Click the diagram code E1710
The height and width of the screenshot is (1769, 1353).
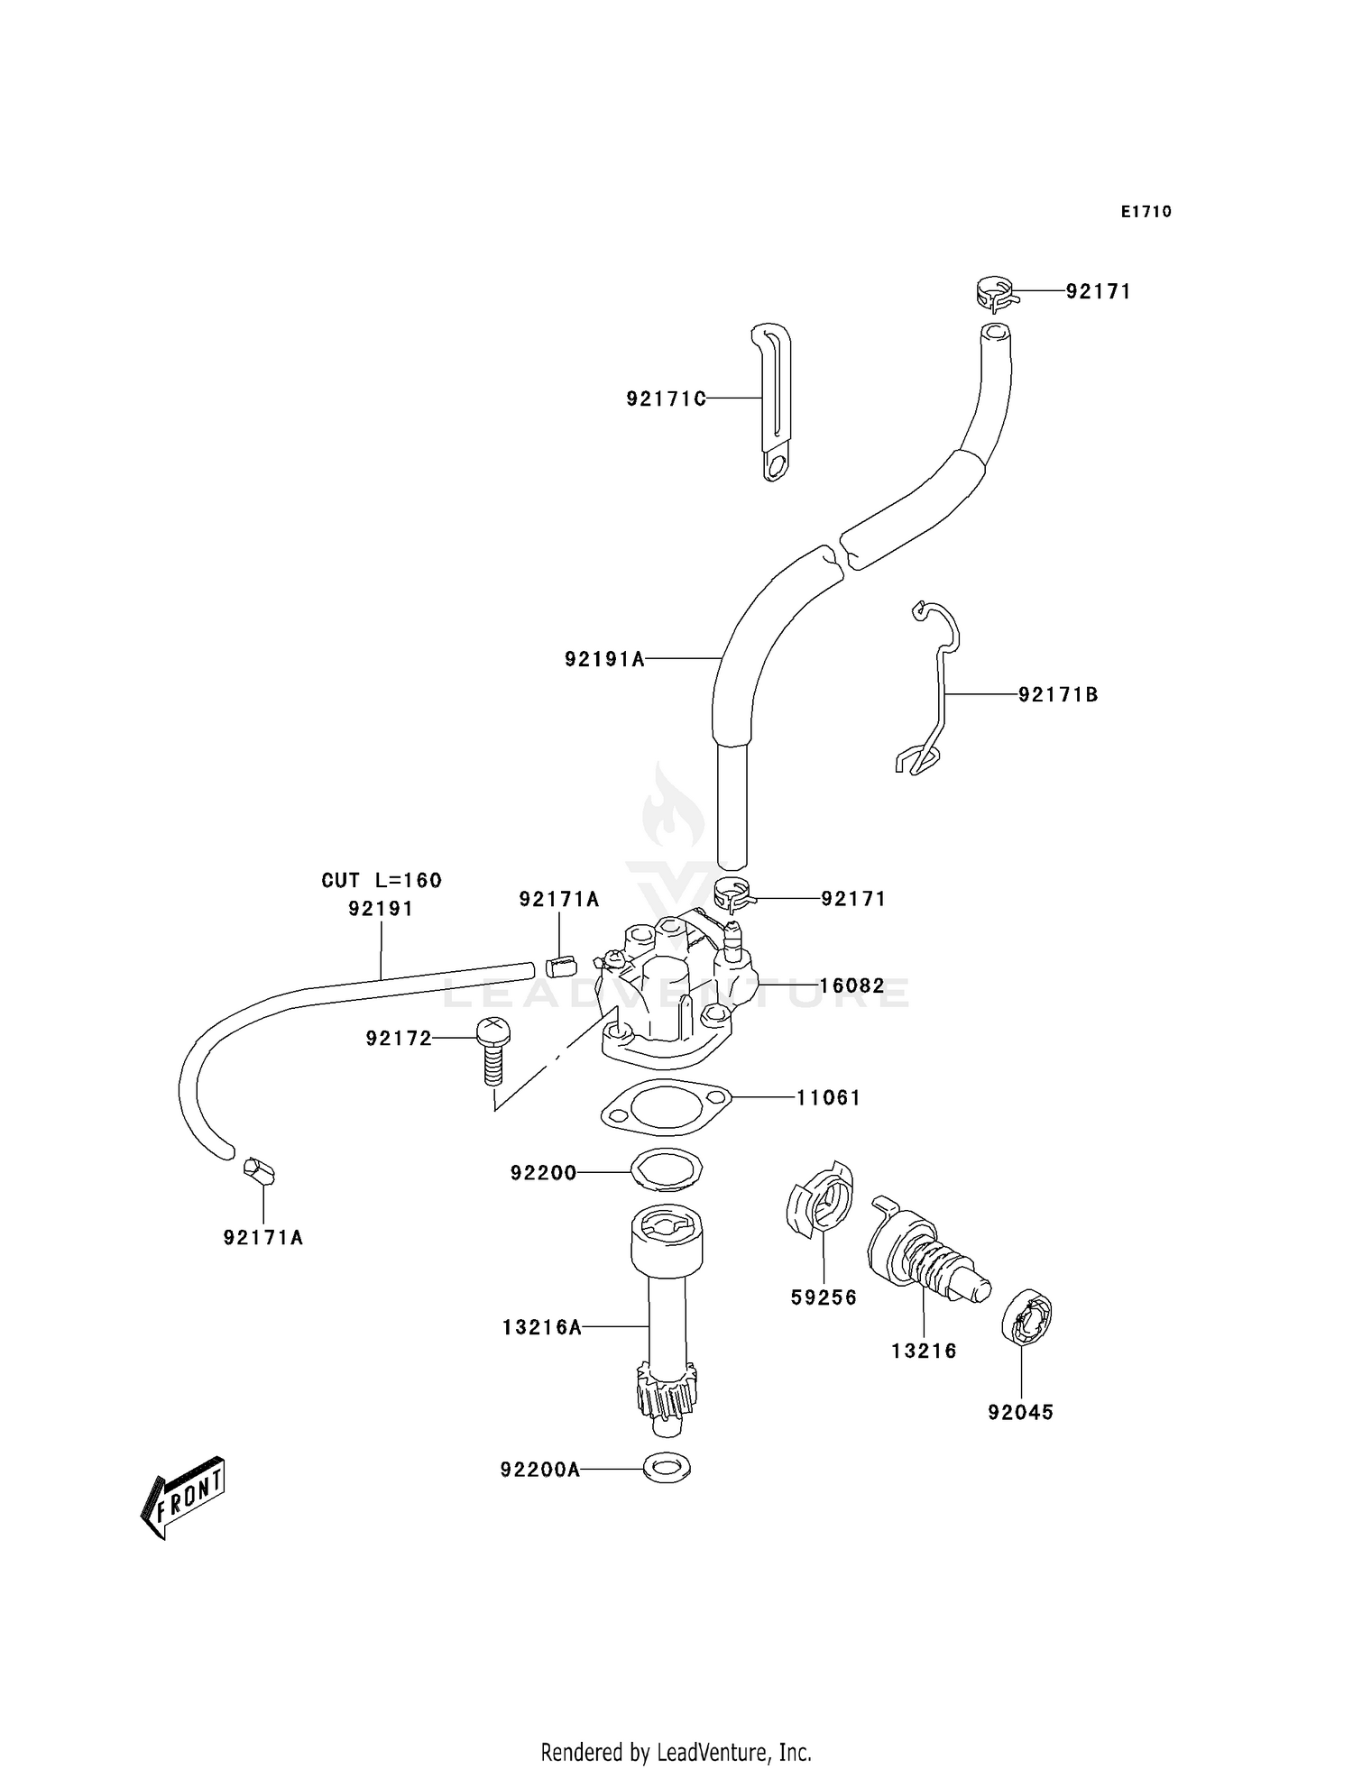(1146, 212)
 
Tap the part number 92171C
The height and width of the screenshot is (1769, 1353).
(666, 399)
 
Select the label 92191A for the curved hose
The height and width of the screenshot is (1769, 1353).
(604, 659)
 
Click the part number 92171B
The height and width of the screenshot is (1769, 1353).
(1058, 694)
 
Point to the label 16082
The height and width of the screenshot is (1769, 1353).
(851, 986)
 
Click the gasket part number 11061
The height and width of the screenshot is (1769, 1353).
(828, 1097)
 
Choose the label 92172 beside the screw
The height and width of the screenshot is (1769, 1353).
(399, 1039)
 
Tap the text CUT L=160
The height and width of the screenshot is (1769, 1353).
(382, 880)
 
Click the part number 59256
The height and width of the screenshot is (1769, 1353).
(824, 1297)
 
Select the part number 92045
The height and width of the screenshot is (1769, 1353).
(1020, 1413)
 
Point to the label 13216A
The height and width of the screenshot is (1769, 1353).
(541, 1327)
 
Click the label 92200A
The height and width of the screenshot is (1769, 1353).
(539, 1471)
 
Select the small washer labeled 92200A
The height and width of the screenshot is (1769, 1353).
(667, 1469)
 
